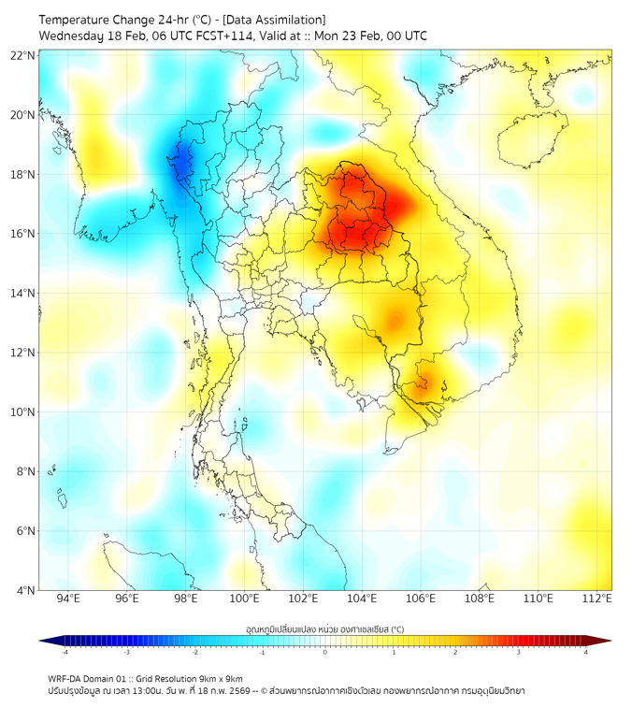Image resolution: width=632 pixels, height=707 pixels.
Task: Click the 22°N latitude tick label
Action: click(x=23, y=56)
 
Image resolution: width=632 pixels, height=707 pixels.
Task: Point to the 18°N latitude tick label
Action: click(x=23, y=175)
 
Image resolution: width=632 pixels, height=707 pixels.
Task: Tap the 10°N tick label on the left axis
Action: click(x=23, y=412)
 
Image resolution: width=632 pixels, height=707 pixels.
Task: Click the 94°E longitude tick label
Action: click(x=68, y=599)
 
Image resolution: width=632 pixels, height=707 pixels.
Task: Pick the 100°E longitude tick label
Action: click(x=245, y=599)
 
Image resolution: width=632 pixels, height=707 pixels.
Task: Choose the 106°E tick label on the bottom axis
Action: click(x=422, y=599)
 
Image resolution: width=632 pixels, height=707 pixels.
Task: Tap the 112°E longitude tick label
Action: click(x=597, y=599)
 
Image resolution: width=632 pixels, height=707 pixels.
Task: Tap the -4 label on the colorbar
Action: click(x=65, y=652)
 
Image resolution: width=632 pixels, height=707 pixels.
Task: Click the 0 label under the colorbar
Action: click(x=325, y=652)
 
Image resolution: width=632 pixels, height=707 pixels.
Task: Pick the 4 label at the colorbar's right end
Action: click(x=586, y=652)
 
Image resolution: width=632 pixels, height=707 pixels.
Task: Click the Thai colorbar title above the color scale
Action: click(x=324, y=629)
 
